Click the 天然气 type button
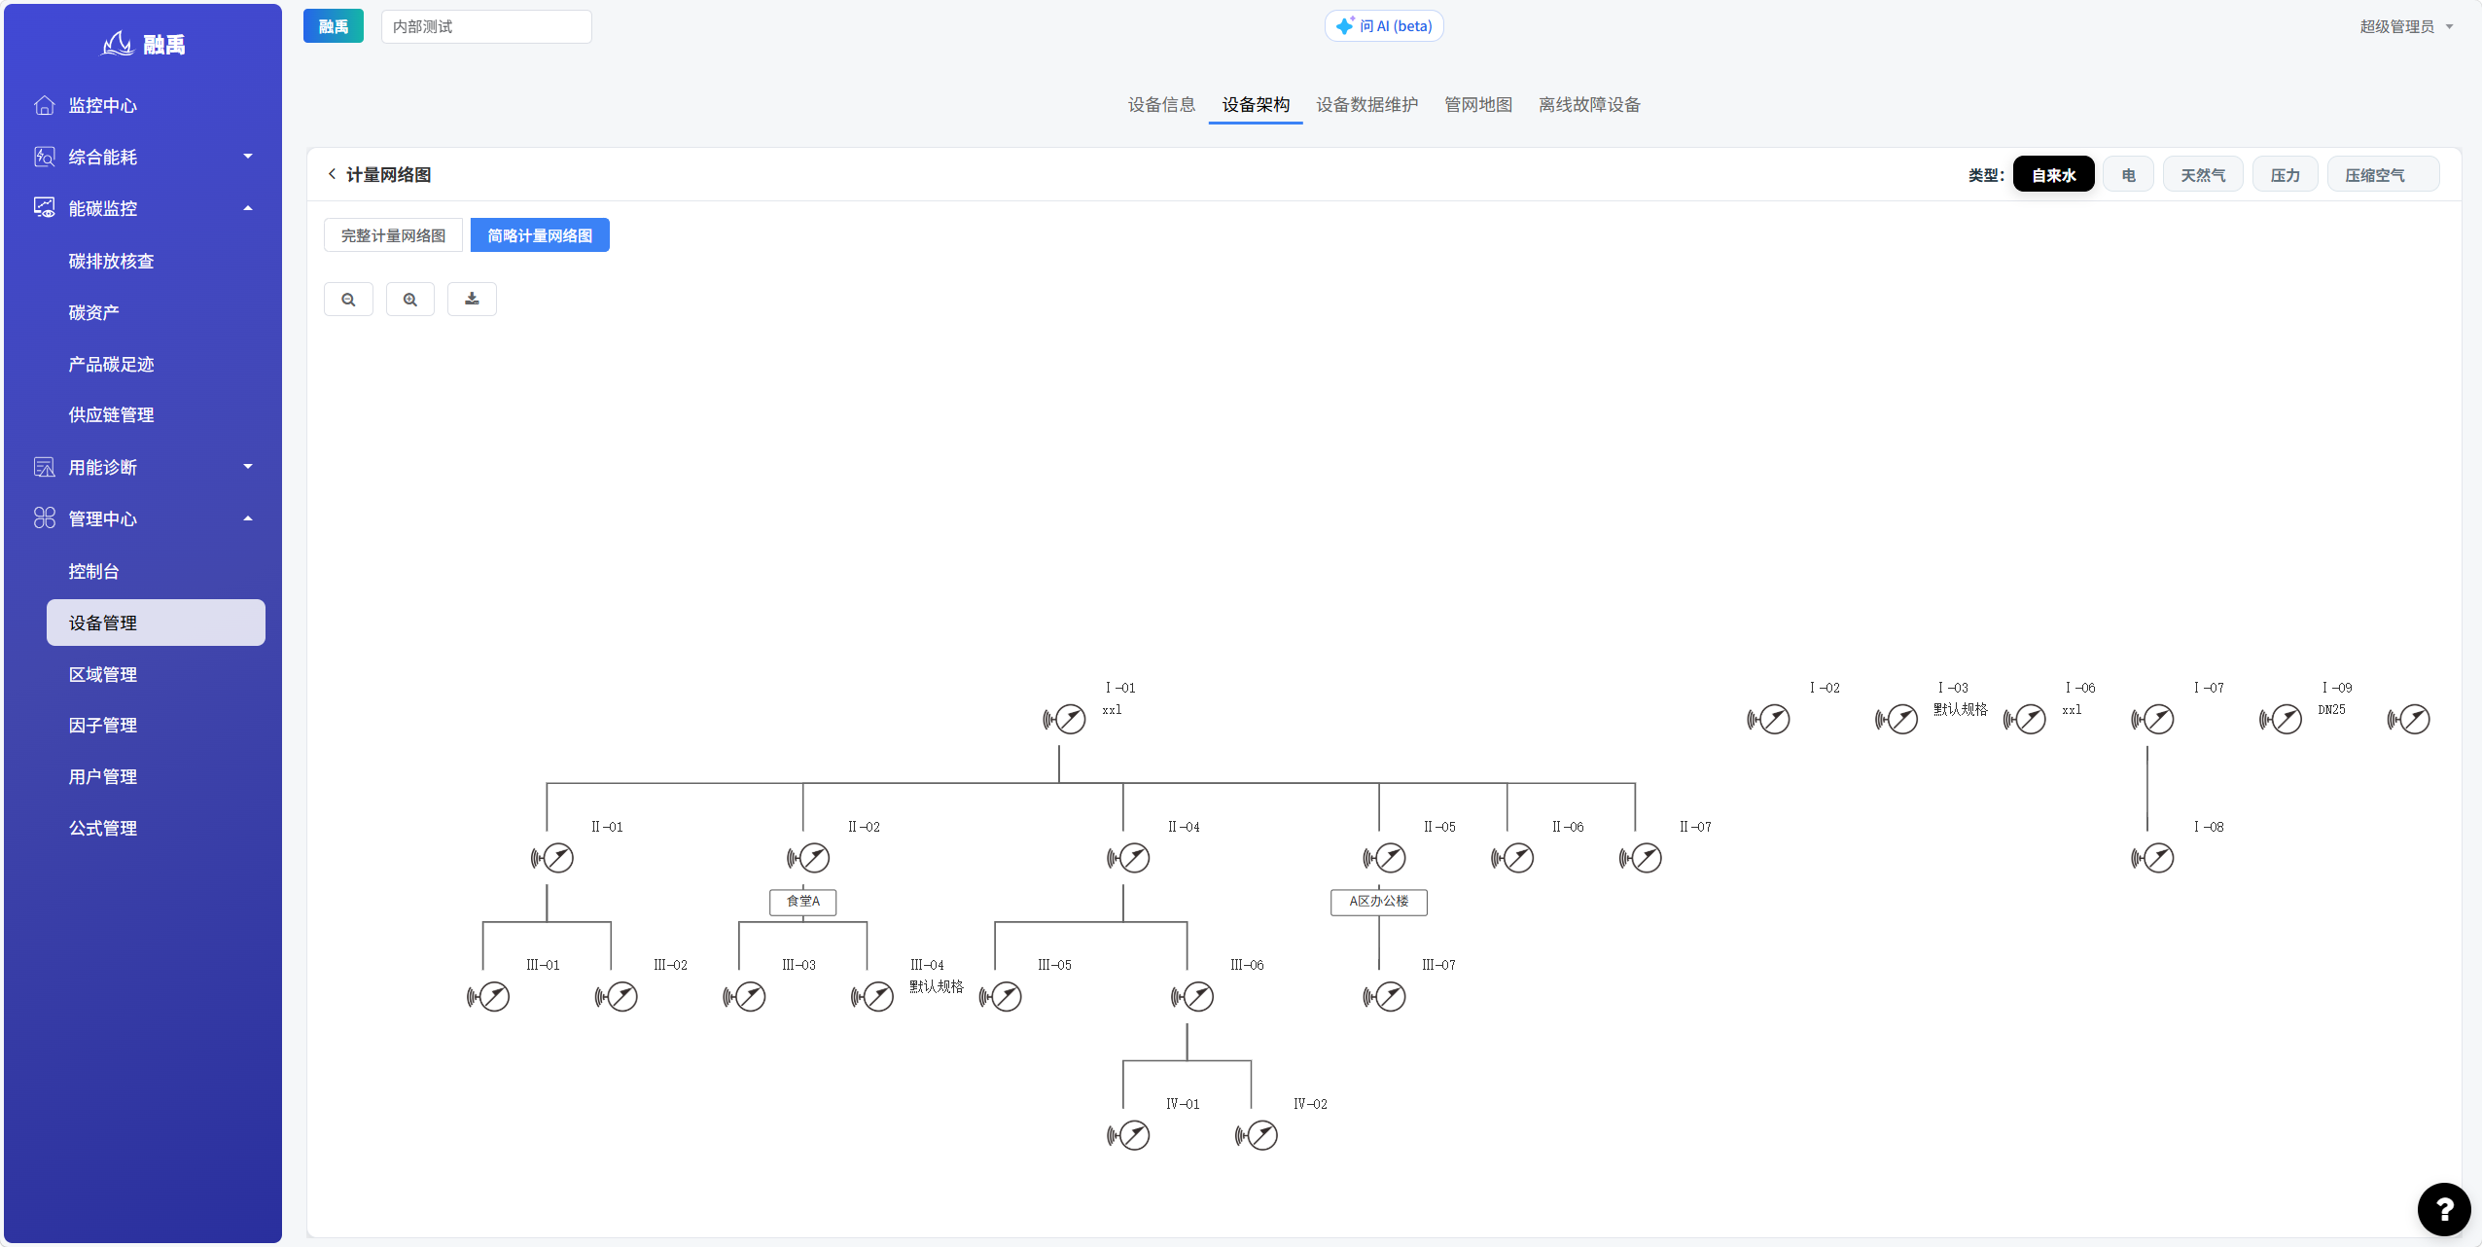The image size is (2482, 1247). (x=2203, y=175)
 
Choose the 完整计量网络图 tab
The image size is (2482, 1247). (x=393, y=235)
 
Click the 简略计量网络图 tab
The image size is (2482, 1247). (x=540, y=235)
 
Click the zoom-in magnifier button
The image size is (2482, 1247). (x=410, y=300)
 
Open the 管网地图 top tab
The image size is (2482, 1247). (x=1478, y=105)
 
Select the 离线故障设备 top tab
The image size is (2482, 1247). (x=1589, y=105)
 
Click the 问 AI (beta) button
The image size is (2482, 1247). (x=1384, y=26)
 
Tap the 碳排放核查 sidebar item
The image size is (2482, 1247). (x=112, y=261)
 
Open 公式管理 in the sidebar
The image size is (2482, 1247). (x=103, y=828)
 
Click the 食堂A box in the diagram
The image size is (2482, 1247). (x=803, y=902)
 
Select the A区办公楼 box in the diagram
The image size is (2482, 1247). (x=1379, y=902)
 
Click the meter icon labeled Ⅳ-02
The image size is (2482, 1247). (x=1257, y=1135)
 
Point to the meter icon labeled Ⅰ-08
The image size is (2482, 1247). (x=2152, y=858)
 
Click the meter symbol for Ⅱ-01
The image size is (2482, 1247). (x=552, y=858)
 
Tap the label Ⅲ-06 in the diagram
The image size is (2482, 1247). (x=1247, y=965)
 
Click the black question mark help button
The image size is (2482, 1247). (x=2444, y=1209)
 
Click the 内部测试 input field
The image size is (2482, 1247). (x=486, y=26)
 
